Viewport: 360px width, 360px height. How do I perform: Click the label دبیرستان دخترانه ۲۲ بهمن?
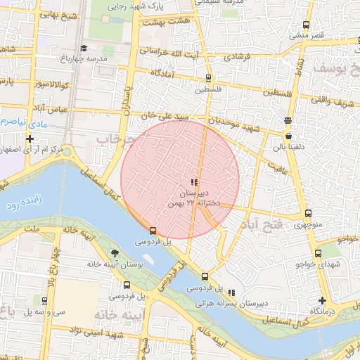(194, 197)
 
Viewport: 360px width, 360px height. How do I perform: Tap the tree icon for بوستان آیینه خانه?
(114, 253)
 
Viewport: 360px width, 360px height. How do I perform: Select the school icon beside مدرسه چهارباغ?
(84, 48)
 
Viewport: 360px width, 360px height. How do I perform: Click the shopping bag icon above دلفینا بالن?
(288, 136)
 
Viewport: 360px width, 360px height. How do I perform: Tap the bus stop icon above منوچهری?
(308, 214)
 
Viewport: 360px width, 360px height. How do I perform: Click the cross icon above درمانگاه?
(323, 300)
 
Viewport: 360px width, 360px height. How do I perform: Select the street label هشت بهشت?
(167, 22)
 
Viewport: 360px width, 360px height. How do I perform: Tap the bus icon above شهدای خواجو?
(318, 253)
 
